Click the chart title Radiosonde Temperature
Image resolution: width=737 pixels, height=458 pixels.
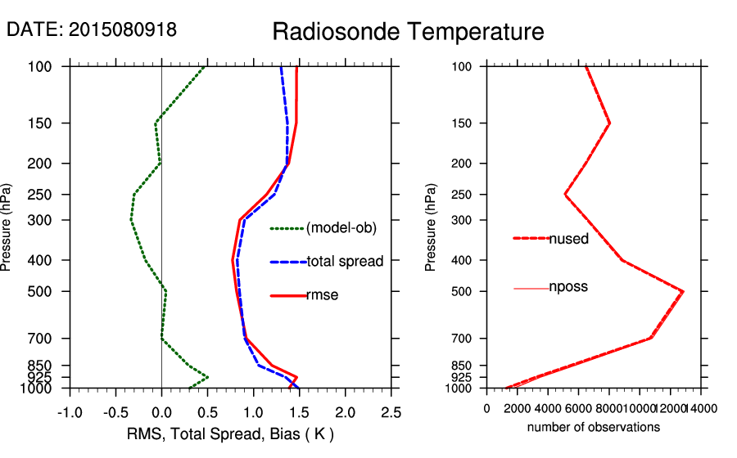[x=408, y=32]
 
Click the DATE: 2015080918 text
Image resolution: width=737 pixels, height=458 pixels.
[x=92, y=29]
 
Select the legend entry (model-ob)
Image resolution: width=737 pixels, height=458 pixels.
[x=341, y=228]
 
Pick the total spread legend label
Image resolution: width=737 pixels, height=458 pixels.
[x=345, y=262]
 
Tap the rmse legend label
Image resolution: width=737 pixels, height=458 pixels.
[x=322, y=295]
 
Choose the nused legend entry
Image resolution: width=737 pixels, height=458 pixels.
[x=568, y=238]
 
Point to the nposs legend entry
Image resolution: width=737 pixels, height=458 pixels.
[x=568, y=287]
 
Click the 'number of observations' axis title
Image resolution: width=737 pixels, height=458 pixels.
[x=594, y=427]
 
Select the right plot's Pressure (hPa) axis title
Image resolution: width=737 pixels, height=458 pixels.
[x=431, y=227]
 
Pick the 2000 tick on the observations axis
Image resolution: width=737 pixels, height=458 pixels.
[x=518, y=410]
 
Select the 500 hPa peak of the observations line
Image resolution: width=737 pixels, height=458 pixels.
[x=683, y=291]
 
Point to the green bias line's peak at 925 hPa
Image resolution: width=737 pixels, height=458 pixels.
[x=208, y=377]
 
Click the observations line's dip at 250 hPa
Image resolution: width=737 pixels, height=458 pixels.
[x=565, y=195]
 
